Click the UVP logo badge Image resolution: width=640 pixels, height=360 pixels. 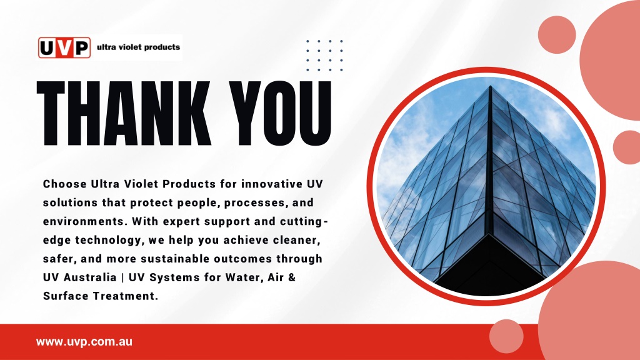pyautogui.click(x=64, y=47)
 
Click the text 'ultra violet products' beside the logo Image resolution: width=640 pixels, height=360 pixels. pyautogui.click(x=138, y=47)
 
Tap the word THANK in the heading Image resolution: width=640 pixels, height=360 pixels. pyautogui.click(x=124, y=114)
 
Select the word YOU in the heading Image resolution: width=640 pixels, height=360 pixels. pyautogui.click(x=280, y=114)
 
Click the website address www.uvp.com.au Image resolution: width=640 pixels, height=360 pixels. pyautogui.click(x=84, y=342)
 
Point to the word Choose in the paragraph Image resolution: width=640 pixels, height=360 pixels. pyautogui.click(x=65, y=184)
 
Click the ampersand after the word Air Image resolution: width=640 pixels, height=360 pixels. pyautogui.click(x=292, y=277)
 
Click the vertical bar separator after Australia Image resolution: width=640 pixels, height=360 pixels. pyautogui.click(x=122, y=277)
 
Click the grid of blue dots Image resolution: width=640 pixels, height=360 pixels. pyautogui.click(x=324, y=56)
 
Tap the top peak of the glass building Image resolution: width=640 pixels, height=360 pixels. pyautogui.click(x=490, y=86)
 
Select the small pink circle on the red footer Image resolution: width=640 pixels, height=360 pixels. pyautogui.click(x=506, y=336)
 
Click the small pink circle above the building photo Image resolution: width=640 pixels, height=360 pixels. pyautogui.click(x=557, y=35)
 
